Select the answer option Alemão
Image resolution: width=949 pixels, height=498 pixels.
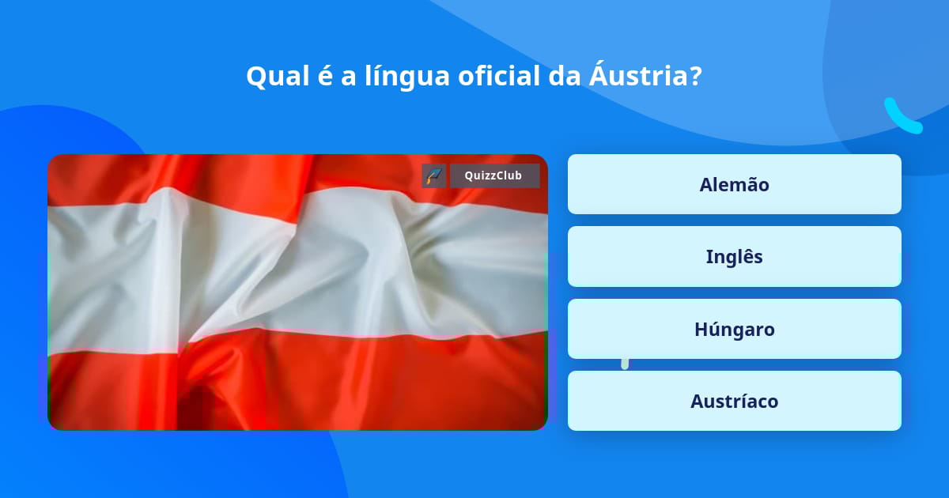coord(734,184)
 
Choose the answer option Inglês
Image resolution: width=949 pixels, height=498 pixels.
coord(734,257)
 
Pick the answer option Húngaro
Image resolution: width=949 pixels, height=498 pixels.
coord(734,329)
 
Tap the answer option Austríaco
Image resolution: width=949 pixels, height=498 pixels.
coord(734,401)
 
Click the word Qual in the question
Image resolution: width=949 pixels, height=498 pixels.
coord(278,77)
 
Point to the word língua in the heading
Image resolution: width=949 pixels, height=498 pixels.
coord(406,77)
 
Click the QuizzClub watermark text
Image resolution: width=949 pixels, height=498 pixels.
coord(493,175)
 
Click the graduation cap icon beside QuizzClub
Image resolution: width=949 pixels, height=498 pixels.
coord(434,175)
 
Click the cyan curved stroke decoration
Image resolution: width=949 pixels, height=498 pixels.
coord(901,118)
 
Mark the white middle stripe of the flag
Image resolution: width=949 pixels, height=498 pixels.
coord(297,271)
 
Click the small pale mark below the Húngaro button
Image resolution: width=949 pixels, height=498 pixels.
coord(625,364)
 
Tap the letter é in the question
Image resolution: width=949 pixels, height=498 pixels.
coord(325,76)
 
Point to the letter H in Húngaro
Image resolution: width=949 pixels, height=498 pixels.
coord(701,330)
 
